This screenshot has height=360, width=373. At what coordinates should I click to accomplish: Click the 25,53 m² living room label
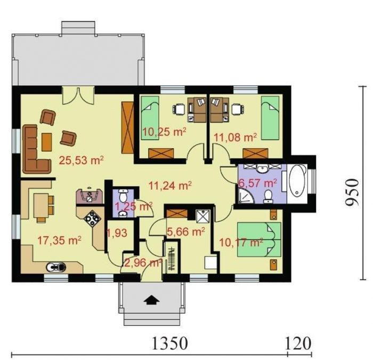click(x=81, y=160)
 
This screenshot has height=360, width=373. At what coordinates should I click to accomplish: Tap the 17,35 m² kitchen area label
click(x=60, y=241)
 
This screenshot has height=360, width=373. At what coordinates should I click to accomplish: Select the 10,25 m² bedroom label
click(x=164, y=132)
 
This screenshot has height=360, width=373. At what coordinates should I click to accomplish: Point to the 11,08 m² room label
click(x=236, y=138)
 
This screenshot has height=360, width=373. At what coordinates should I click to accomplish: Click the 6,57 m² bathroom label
click(x=257, y=183)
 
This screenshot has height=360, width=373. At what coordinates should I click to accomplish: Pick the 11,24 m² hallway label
click(x=170, y=185)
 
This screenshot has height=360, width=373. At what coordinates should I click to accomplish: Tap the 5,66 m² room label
click(x=186, y=231)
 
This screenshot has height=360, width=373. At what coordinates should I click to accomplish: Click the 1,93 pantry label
click(x=117, y=233)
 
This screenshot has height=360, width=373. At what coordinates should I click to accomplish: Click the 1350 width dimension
click(x=169, y=343)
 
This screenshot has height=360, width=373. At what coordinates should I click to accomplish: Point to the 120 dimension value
click(x=298, y=343)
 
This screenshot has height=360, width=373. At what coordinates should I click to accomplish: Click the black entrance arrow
click(x=151, y=300)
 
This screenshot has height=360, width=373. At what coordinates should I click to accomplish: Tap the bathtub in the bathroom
click(x=297, y=180)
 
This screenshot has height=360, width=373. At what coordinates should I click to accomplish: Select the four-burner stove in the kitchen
click(x=92, y=218)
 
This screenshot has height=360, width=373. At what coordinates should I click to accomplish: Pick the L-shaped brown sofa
click(x=36, y=149)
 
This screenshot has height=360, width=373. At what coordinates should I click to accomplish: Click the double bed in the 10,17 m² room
click(x=260, y=239)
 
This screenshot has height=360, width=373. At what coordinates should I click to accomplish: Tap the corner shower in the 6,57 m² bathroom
click(x=245, y=196)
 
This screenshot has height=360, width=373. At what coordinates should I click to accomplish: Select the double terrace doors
click(x=78, y=95)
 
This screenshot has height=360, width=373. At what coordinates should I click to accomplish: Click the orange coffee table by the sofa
click(x=47, y=142)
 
